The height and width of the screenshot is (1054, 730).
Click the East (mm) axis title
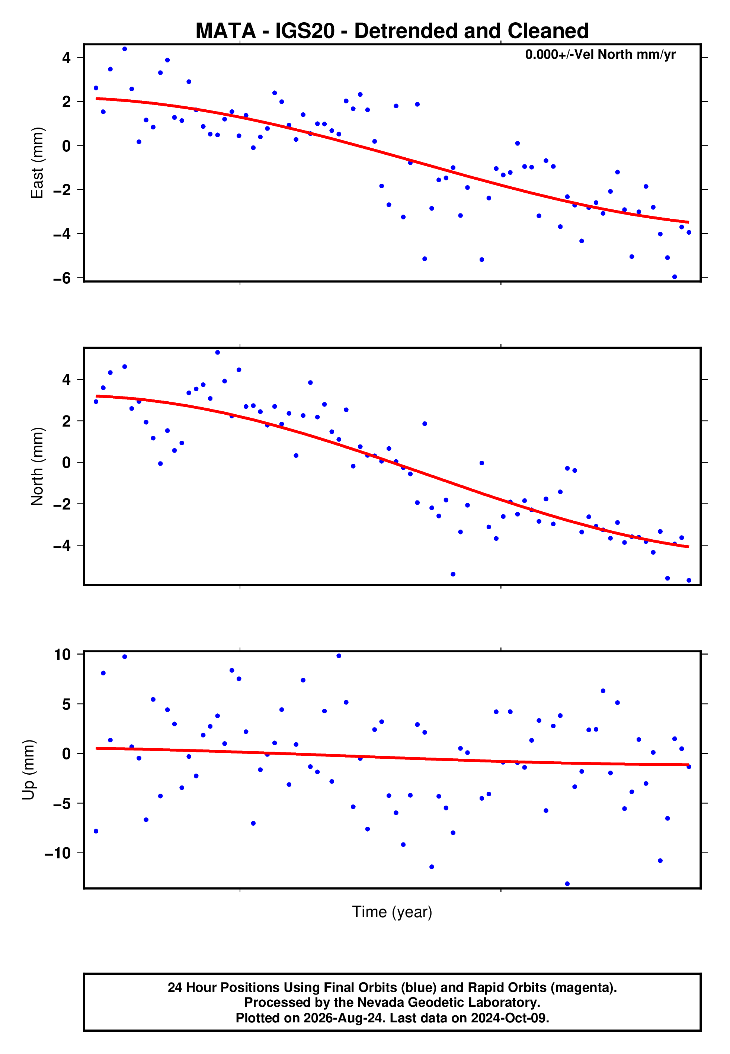click(x=37, y=163)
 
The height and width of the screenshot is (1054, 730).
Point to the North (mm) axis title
click(x=37, y=467)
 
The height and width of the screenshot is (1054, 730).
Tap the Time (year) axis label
click(x=392, y=912)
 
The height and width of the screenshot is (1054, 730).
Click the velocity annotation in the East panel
click(x=600, y=54)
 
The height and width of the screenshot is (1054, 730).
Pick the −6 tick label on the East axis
click(x=62, y=278)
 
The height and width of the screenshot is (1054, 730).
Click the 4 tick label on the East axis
click(x=67, y=58)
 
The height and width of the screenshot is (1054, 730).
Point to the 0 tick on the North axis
click(x=67, y=463)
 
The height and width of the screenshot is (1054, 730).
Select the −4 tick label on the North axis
click(x=62, y=546)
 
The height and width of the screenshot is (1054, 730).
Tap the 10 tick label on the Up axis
click(x=63, y=655)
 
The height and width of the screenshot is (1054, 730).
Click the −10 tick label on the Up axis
click(x=58, y=853)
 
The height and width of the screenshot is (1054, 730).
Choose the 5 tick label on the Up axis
click(x=67, y=704)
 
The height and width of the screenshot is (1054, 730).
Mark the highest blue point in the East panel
click(x=124, y=49)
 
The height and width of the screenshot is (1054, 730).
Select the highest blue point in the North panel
click(x=217, y=353)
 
